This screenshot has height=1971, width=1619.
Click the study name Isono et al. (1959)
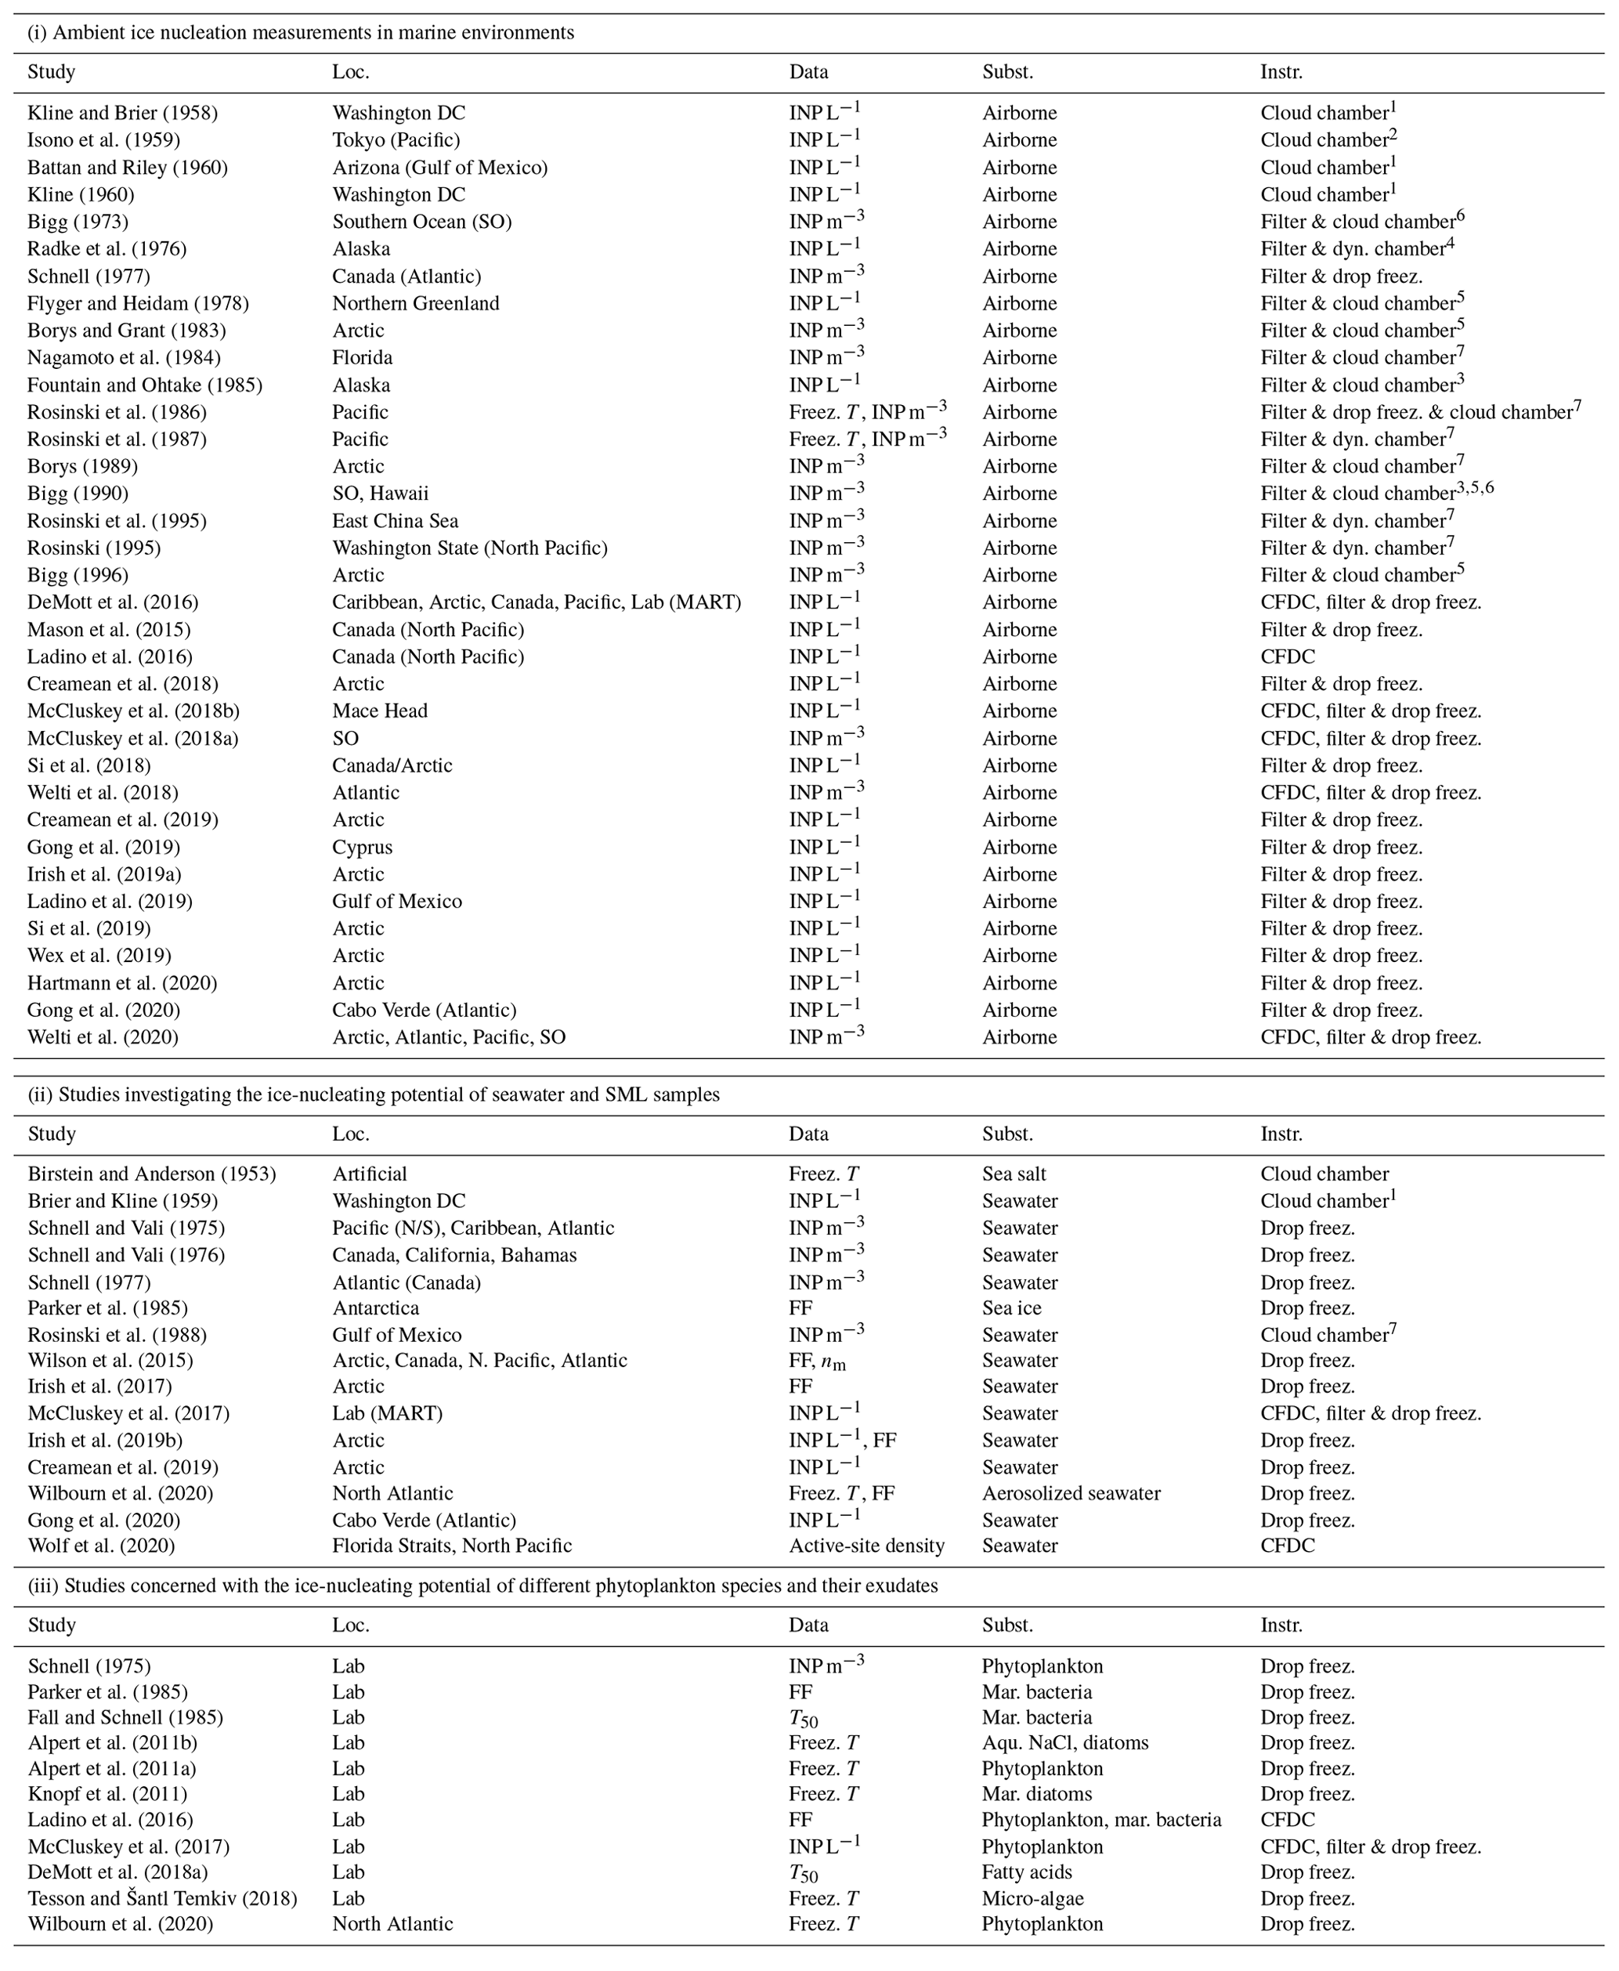(103, 140)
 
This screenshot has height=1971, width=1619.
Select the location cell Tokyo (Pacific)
(396, 140)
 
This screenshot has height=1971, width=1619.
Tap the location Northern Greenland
(415, 303)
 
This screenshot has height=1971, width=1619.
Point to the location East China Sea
(395, 520)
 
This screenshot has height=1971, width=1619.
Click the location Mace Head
(380, 711)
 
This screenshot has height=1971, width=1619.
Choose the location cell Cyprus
(362, 847)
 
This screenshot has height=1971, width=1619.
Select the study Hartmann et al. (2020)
(121, 983)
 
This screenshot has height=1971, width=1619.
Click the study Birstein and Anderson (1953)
(151, 1174)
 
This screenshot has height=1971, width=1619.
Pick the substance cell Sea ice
(1012, 1307)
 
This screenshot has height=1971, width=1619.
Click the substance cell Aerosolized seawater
(1071, 1493)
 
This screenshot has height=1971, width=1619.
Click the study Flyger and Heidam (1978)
(138, 303)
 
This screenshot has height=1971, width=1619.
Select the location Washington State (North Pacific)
(469, 548)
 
